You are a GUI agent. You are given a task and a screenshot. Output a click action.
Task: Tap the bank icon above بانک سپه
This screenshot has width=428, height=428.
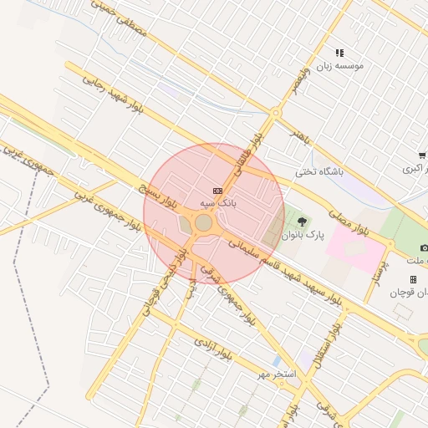click(218, 191)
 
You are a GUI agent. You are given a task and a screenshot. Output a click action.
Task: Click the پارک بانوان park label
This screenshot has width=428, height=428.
click(302, 236)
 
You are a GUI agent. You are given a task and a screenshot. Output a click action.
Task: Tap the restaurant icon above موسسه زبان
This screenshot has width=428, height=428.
click(339, 52)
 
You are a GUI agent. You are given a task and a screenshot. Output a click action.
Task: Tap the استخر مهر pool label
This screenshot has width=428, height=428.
click(277, 374)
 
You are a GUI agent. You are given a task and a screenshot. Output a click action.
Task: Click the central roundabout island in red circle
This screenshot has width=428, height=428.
click(203, 223)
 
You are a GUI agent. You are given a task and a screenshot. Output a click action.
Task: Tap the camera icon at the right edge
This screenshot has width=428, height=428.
click(424, 248)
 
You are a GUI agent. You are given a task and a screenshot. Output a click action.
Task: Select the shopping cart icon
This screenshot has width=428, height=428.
click(422, 155)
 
